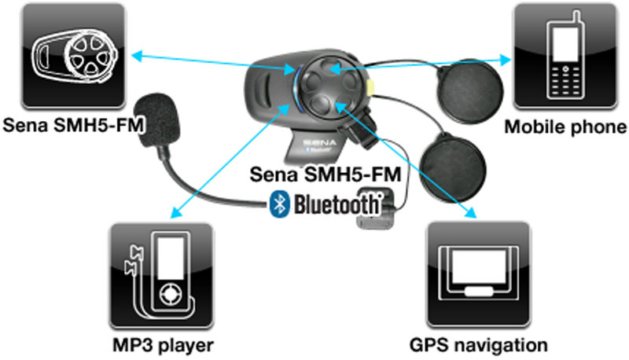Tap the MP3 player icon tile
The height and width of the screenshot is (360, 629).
pos(161,274)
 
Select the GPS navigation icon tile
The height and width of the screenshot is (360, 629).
pos(474,274)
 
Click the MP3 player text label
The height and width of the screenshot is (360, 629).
pos(162,344)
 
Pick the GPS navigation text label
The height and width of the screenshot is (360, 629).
pos(478,344)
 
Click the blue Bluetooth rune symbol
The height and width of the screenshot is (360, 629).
pos(278,204)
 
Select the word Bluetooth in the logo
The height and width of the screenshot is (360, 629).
pos(336,205)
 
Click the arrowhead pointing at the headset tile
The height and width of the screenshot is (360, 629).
pos(134,55)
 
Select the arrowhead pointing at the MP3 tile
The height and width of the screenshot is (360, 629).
pos(175,211)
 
